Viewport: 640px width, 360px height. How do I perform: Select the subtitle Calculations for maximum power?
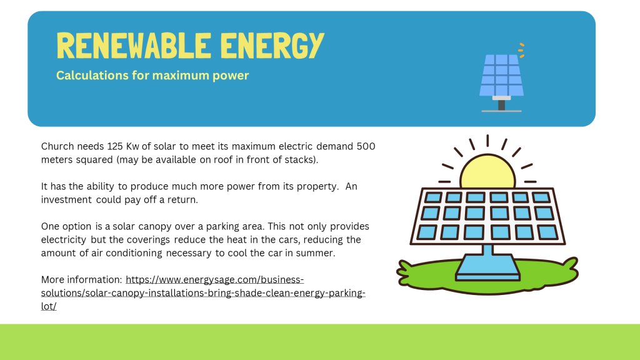tap(152, 76)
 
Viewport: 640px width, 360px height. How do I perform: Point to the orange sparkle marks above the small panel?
tap(521, 50)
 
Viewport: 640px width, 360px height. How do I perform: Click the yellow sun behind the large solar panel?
tap(487, 171)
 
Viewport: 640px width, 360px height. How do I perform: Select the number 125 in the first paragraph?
tap(115, 146)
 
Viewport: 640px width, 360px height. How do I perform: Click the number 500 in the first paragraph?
tap(366, 146)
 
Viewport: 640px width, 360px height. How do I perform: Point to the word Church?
tap(57, 146)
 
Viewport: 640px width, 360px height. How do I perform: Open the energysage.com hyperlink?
tap(203, 292)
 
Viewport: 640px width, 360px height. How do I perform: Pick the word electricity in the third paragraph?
tap(64, 239)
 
